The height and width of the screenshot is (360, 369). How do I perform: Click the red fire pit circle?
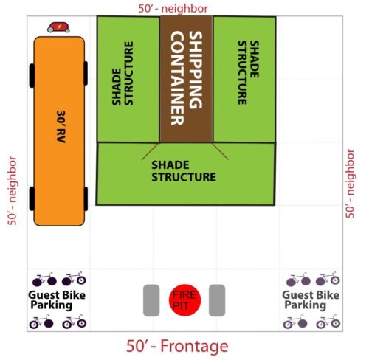tap(184, 300)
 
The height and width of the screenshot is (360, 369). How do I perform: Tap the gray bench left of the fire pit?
tap(151, 300)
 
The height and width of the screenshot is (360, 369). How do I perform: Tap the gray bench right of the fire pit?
tap(217, 300)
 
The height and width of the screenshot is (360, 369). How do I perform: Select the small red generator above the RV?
tap(58, 27)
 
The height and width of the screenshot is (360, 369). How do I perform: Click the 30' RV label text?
tap(61, 126)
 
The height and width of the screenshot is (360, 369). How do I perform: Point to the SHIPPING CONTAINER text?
tap(187, 78)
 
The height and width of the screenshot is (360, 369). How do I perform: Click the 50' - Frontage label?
tap(177, 346)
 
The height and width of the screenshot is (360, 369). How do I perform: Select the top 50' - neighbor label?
tap(173, 9)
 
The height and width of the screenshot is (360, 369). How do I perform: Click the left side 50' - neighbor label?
tap(12, 191)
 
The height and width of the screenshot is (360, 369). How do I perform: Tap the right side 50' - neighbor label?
tap(351, 184)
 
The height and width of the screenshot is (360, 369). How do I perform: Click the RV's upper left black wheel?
tap(32, 75)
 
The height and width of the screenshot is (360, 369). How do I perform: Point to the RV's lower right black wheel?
tap(86, 198)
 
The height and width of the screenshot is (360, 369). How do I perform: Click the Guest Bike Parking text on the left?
tap(57, 300)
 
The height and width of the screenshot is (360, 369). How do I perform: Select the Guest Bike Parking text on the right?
tap(311, 300)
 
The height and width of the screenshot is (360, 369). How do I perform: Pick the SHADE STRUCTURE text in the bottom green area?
tap(184, 171)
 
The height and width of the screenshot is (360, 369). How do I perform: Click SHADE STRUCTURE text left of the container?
tap(123, 73)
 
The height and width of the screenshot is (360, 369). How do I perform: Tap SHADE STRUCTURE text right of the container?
tap(248, 72)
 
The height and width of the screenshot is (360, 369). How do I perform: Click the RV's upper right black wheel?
tap(86, 73)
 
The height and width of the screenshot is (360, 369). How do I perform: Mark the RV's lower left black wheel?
tap(32, 198)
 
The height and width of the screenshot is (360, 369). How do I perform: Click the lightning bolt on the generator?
tap(59, 27)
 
